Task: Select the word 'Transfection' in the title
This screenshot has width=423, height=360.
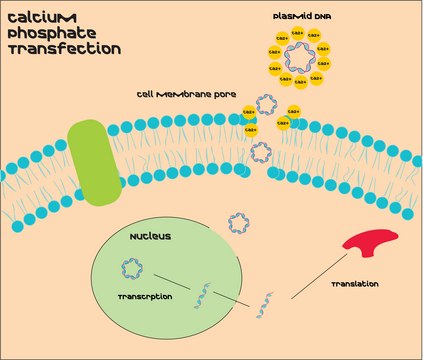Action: pos(62,47)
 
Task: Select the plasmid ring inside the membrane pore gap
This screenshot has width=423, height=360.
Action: pos(260,151)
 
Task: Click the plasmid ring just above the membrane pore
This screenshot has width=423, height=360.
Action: pos(267,104)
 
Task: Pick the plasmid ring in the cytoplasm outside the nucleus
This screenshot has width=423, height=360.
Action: pos(240,222)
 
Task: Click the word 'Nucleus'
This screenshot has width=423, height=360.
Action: pos(150,237)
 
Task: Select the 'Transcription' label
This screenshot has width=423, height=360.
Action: pos(146,297)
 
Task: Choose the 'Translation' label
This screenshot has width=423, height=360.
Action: pos(354,285)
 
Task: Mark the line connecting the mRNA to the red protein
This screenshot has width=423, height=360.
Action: pos(320,273)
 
